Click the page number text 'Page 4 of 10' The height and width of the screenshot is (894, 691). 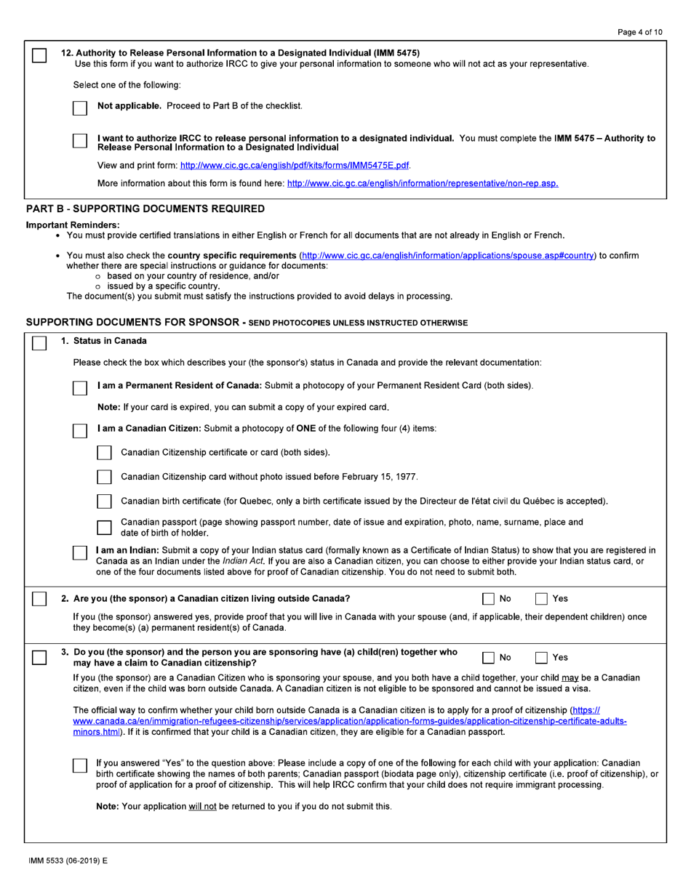click(x=639, y=33)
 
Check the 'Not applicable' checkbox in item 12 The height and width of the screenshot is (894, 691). click(x=80, y=107)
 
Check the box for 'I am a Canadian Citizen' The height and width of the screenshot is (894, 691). click(x=80, y=430)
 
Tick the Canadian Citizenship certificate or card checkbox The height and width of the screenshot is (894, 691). click(x=104, y=453)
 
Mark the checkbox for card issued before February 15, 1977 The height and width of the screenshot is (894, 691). click(x=104, y=477)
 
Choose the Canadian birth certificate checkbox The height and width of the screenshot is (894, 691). click(x=104, y=502)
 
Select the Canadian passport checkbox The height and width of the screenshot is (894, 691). click(x=104, y=527)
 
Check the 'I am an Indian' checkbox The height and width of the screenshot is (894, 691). click(x=80, y=552)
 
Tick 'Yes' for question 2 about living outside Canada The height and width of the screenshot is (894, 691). click(x=542, y=599)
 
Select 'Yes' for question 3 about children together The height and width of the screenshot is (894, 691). click(x=542, y=657)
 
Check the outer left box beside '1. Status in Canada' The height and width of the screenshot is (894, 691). click(x=39, y=342)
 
